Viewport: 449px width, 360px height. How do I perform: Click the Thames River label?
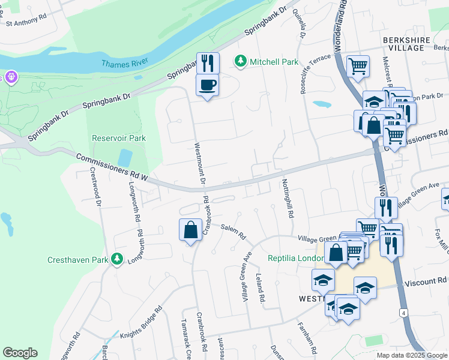pyautogui.click(x=125, y=63)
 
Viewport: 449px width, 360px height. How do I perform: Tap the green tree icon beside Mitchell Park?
pyautogui.click(x=240, y=61)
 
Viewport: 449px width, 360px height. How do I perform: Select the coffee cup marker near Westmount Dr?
pyautogui.click(x=207, y=85)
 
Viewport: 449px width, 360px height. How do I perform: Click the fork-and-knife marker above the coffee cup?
pyautogui.click(x=208, y=62)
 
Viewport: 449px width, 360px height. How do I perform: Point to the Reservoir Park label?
pyautogui.click(x=119, y=138)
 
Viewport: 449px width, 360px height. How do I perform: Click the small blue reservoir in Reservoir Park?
pyautogui.click(x=125, y=158)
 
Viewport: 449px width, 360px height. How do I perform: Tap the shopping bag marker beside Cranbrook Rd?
pyautogui.click(x=190, y=230)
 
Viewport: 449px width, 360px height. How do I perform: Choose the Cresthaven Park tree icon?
pyautogui.click(x=117, y=259)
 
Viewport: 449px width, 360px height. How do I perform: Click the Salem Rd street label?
pyautogui.click(x=234, y=232)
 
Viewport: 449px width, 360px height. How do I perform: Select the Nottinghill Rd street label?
pyautogui.click(x=288, y=198)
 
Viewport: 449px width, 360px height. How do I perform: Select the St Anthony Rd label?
pyautogui.click(x=26, y=20)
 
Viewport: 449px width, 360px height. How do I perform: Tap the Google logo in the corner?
pyautogui.click(x=20, y=353)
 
